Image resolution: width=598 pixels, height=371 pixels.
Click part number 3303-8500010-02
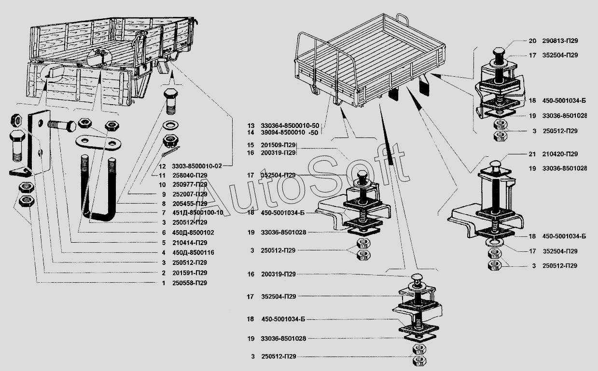click(x=197, y=166)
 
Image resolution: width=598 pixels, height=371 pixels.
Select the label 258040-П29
click(x=190, y=175)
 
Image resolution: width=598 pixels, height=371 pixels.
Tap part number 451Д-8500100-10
click(x=197, y=213)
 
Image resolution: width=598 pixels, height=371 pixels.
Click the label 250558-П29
click(x=190, y=283)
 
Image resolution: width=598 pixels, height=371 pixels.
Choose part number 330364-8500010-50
click(x=290, y=125)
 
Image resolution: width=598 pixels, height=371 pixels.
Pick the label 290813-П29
click(x=560, y=41)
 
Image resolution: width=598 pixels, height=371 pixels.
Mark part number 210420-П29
click(x=560, y=154)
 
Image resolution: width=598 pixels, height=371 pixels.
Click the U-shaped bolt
click(x=98, y=188)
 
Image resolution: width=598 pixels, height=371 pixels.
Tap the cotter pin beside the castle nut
click(x=171, y=152)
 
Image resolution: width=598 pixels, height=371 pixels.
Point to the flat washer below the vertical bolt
click(x=171, y=124)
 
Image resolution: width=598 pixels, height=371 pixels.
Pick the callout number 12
click(x=162, y=166)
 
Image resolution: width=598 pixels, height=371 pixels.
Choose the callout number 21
click(x=532, y=154)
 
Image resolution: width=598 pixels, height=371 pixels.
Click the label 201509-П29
click(x=278, y=145)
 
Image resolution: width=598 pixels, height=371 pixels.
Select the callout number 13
click(x=250, y=125)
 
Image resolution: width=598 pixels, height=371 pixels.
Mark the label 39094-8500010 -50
click(x=290, y=132)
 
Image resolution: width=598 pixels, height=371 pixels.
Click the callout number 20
click(x=532, y=41)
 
